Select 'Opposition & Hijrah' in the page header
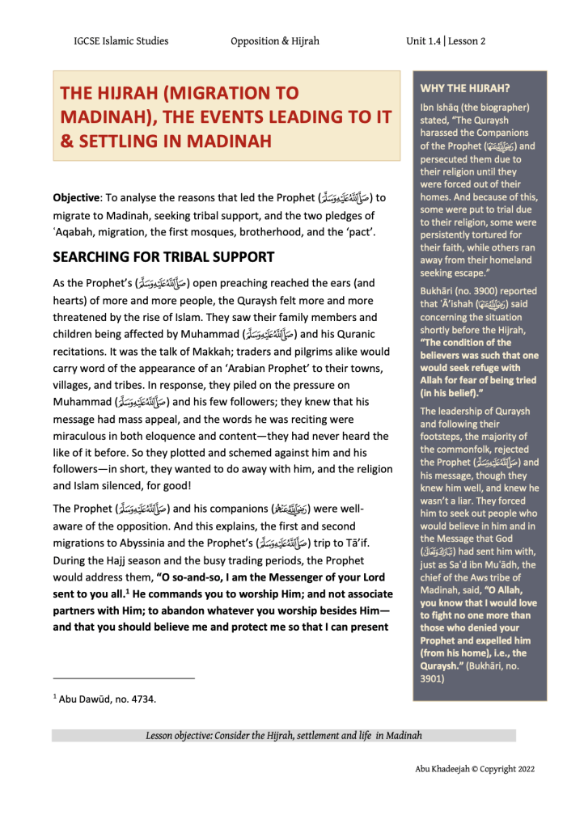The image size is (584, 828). pos(274,41)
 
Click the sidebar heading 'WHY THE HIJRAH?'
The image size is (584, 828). pos(464,87)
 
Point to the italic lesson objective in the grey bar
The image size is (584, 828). pos(284,736)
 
